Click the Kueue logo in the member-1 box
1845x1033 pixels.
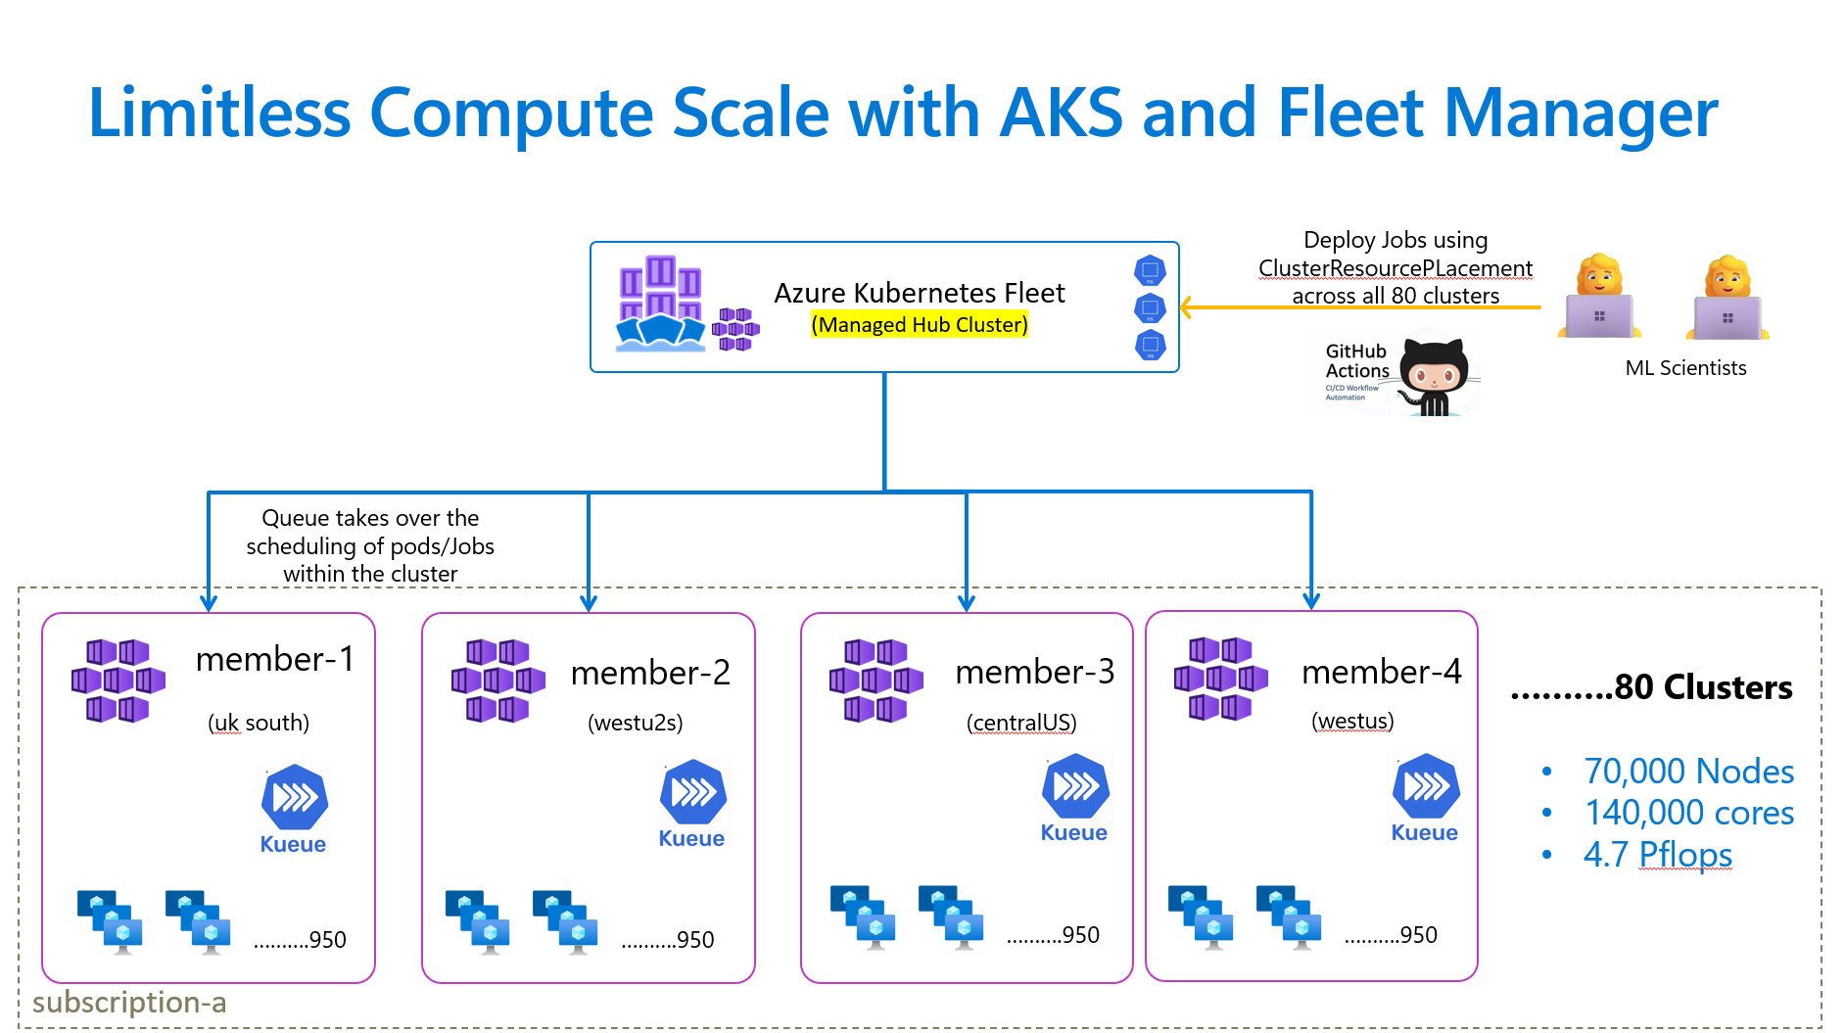294,798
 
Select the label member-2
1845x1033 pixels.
650,673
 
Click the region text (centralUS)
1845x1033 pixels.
1021,723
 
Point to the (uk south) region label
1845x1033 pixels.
259,723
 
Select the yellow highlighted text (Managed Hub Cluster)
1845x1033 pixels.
920,324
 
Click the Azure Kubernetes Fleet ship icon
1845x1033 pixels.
661,305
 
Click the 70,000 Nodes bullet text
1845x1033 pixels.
1688,772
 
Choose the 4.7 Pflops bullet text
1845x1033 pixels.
1657,855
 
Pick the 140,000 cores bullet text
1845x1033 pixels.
1688,813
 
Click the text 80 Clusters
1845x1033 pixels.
1702,687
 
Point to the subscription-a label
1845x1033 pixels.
129,1003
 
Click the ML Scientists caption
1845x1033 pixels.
1685,368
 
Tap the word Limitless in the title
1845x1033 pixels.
219,113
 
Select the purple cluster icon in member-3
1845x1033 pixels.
876,681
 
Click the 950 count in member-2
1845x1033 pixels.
695,940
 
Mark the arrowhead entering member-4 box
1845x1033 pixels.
1311,600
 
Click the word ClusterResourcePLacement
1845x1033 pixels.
1396,268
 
